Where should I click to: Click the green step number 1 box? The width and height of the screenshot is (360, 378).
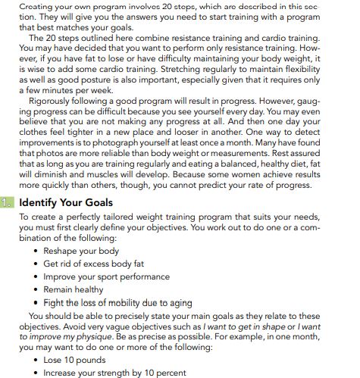(x=8, y=202)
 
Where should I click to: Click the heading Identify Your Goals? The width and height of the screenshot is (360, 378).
(x=66, y=202)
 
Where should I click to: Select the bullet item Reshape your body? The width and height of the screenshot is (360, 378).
(x=81, y=250)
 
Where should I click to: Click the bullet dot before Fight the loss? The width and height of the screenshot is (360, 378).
(x=36, y=302)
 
